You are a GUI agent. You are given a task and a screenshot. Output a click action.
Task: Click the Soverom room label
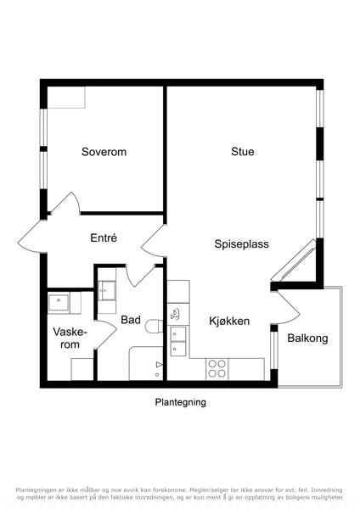coord(104,152)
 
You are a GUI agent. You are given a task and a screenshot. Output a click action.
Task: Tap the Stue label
coord(243,152)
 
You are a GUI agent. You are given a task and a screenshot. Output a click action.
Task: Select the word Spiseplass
coord(242,244)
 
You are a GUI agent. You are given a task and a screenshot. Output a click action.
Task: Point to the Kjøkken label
coord(229,321)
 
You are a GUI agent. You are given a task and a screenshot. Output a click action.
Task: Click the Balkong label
coord(307,338)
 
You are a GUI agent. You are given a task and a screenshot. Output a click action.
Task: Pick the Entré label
coord(104,238)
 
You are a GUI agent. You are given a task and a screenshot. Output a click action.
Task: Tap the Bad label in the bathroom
coord(131,320)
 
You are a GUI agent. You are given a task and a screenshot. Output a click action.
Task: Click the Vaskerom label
coord(70,338)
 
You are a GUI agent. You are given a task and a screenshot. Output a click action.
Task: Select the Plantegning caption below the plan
coord(180,402)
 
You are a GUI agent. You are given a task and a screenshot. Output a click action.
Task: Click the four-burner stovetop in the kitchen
coord(217,369)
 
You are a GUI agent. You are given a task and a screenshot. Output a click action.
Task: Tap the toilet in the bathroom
coord(154,327)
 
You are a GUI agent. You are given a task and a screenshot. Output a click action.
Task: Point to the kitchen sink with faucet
coord(175,314)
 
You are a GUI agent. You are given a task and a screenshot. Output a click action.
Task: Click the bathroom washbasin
coord(107,291)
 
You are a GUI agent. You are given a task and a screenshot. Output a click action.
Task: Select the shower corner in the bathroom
coord(146,363)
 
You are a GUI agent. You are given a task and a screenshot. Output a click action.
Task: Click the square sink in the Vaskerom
coord(59,303)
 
